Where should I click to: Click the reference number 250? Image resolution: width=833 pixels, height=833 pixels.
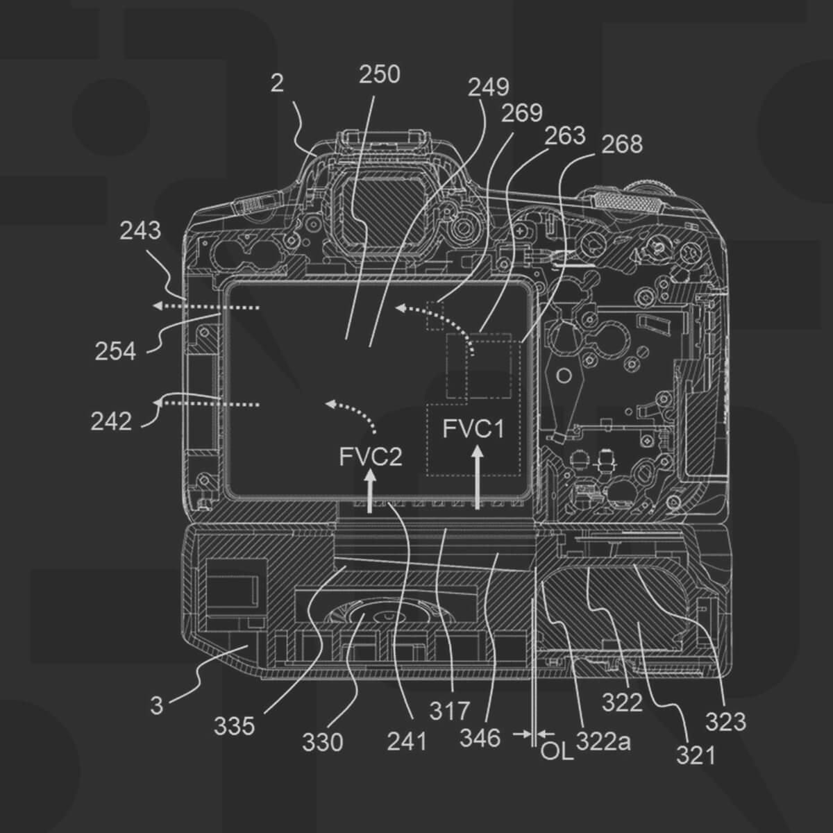(x=379, y=74)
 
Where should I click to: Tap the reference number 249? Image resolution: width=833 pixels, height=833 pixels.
(x=488, y=87)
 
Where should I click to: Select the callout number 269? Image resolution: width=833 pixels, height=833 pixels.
(x=521, y=113)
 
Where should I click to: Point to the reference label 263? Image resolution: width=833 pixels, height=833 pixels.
(x=565, y=135)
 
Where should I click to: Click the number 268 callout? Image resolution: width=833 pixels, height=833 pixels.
(x=622, y=144)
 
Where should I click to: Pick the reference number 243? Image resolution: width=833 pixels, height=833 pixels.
(x=140, y=230)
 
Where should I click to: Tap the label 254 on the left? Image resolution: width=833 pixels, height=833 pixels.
(x=115, y=352)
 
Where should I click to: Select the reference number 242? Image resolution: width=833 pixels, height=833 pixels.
(x=110, y=421)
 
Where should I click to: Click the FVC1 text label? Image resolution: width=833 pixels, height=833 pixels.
(x=473, y=429)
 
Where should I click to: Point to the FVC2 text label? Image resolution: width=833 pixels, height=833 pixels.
(x=371, y=457)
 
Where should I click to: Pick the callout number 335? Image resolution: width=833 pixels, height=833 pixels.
(x=234, y=727)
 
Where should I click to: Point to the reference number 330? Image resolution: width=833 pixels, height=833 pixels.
(x=322, y=743)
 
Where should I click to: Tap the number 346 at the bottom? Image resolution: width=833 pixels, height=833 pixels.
(x=480, y=738)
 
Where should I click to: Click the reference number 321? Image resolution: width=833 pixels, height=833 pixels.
(x=695, y=755)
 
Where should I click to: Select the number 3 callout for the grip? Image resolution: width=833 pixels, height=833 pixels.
(x=157, y=705)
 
